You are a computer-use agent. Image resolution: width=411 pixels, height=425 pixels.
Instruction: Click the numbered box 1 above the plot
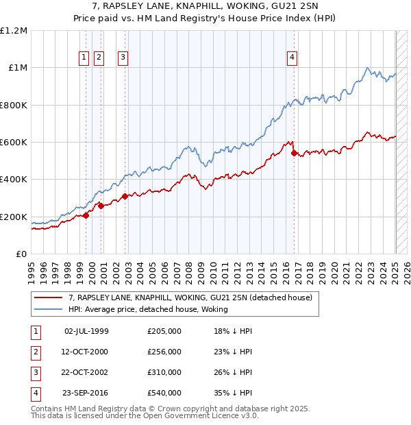(84, 58)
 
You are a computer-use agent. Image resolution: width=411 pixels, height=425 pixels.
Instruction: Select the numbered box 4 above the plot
(292, 58)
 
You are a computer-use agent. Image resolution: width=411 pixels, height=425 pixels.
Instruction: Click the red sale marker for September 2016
(294, 154)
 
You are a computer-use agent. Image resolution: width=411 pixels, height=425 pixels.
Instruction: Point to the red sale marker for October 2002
(125, 197)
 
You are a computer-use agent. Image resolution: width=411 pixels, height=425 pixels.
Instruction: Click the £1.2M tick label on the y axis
(14, 31)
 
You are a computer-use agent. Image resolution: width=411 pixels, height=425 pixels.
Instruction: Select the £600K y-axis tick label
(14, 143)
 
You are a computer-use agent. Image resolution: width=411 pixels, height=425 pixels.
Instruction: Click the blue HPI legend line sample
(49, 309)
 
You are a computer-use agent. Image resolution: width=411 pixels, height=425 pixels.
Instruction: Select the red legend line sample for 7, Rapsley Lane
(49, 297)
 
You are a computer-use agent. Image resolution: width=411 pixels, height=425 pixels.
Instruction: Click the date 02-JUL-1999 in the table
(86, 331)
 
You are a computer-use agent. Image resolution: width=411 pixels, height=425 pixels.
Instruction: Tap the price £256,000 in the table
(164, 352)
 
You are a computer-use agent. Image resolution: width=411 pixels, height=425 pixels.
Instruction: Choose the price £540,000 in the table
(164, 393)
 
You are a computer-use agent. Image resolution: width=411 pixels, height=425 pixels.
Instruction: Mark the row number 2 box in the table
(35, 352)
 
